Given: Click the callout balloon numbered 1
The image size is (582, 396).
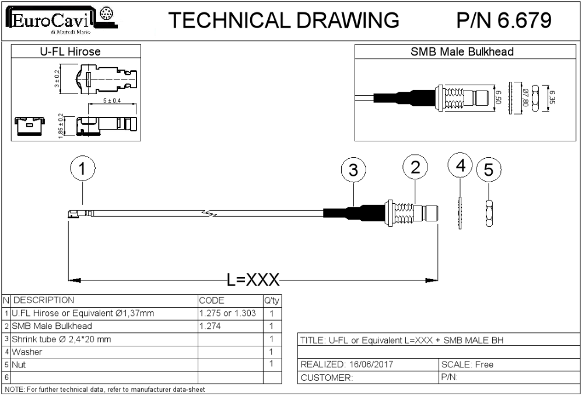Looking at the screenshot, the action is (82, 168).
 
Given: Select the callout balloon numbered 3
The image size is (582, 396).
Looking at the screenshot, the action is (353, 170).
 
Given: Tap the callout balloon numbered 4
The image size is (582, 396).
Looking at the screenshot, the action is (460, 165).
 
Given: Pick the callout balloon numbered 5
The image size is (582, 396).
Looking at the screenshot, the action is (489, 169).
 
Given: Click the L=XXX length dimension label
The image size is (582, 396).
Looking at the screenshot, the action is (253, 280).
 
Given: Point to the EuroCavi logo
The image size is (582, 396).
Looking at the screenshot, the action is (61, 19).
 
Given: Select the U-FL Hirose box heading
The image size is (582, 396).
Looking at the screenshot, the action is (70, 51).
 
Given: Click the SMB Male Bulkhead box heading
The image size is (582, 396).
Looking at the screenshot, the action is (462, 51).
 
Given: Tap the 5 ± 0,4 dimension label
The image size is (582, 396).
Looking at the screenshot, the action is (112, 100).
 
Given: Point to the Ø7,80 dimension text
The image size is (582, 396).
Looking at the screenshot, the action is (525, 97).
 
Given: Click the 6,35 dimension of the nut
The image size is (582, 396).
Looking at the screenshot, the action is (552, 98).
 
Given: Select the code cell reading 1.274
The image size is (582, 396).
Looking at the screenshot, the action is (210, 326).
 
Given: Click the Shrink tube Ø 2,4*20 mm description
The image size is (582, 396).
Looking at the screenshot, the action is (61, 339).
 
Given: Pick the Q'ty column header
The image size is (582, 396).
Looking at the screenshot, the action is (272, 300).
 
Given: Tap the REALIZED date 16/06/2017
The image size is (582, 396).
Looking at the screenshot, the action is (371, 364).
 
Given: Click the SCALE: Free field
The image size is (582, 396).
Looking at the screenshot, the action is (467, 364).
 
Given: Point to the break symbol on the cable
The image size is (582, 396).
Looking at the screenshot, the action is (210, 213).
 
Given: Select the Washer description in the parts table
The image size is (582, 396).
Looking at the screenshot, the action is (27, 352).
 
